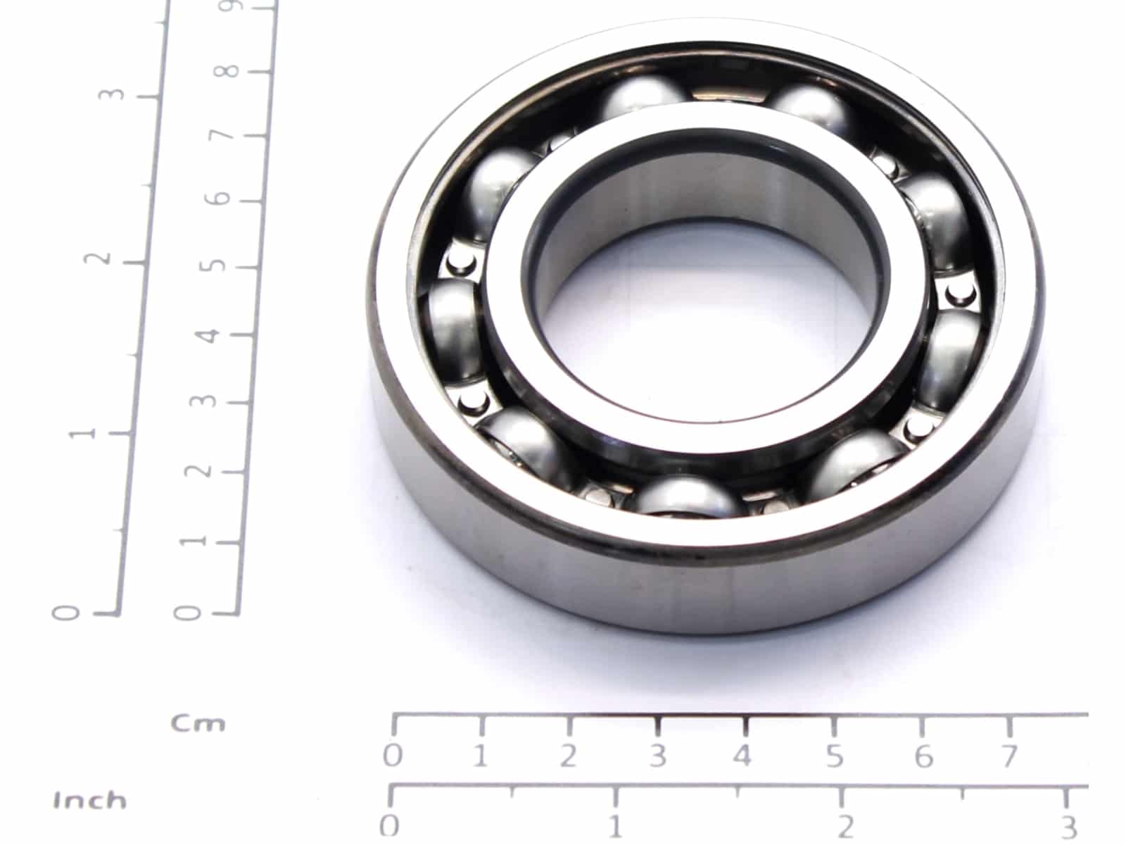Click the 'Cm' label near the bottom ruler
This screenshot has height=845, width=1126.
(x=198, y=724)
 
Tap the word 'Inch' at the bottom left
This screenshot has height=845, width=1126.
(x=90, y=801)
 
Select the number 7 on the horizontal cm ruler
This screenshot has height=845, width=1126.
(x=1010, y=756)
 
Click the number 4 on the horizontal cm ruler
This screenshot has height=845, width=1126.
(x=742, y=756)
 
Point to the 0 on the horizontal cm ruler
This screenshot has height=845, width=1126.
(x=393, y=756)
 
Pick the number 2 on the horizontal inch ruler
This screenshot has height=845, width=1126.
(x=846, y=827)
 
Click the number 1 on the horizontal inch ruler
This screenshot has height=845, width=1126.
(x=615, y=827)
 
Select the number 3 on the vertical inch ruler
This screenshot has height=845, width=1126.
(x=112, y=94)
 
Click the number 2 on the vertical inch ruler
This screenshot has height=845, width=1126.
(x=97, y=258)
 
